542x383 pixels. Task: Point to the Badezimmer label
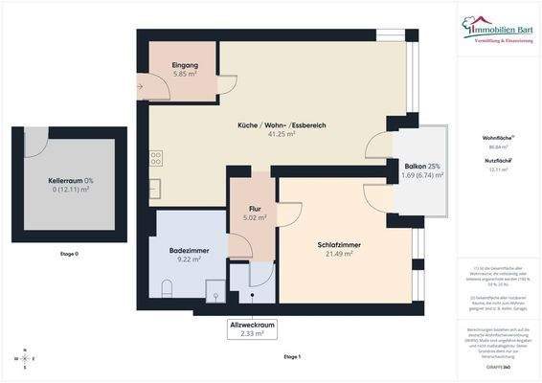tap(184, 249)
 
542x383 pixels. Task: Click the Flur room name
tap(255, 207)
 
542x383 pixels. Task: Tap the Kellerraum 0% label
tap(69, 180)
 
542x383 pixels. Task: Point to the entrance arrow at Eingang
tap(143, 86)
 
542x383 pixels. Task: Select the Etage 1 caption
tap(291, 356)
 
